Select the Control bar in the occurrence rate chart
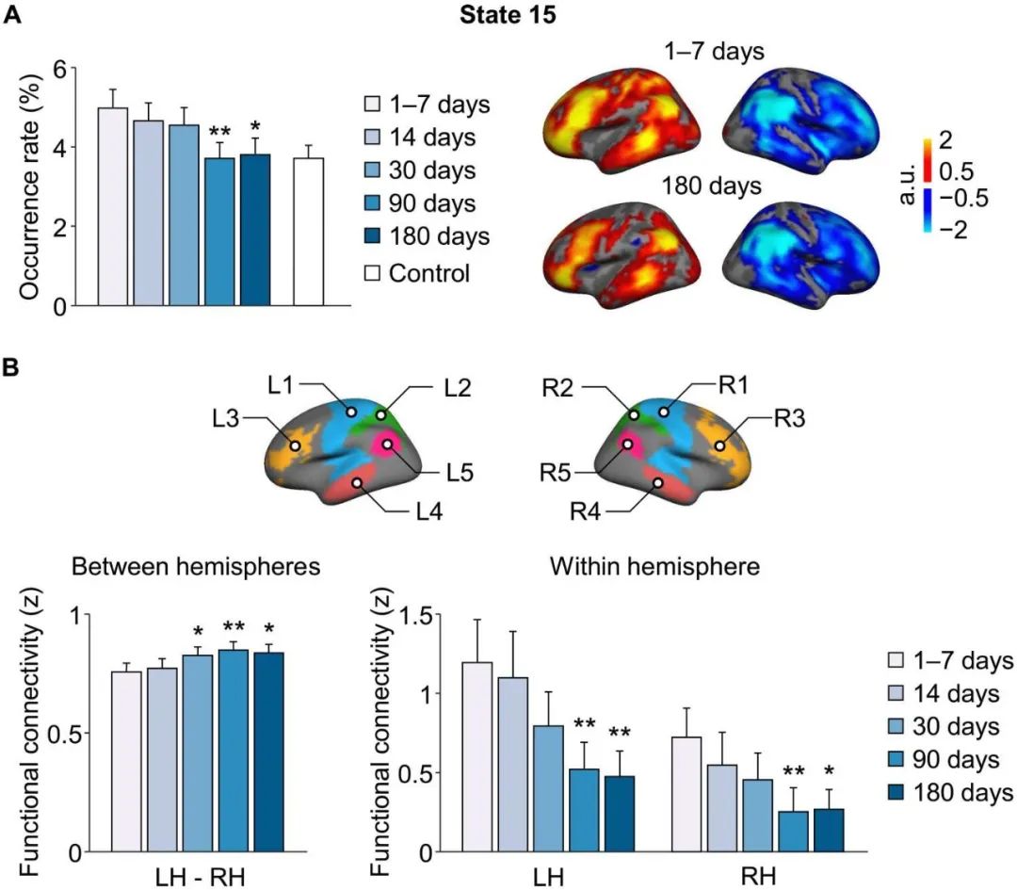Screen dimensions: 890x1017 coord(311,232)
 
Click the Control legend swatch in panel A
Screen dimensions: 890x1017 coord(373,272)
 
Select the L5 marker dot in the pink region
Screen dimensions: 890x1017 coord(386,443)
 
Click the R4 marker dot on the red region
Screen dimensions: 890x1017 coord(658,483)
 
